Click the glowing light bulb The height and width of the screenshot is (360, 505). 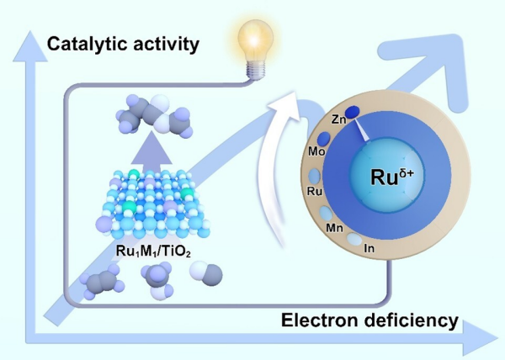coord(255,48)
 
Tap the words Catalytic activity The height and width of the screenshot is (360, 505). coord(123,44)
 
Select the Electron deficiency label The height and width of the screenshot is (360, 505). coord(369,320)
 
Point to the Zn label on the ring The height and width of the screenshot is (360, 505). coord(339,119)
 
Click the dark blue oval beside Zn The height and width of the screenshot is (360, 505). coord(353,112)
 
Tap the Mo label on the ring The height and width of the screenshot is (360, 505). coord(316,151)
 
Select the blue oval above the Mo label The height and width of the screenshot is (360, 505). coord(324,138)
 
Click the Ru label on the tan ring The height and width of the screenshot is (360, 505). coord(315,191)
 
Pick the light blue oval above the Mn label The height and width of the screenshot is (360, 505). coord(326,214)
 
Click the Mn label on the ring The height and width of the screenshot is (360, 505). coord(335,228)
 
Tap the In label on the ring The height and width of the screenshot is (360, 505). coord(369,248)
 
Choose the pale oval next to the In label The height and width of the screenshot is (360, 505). coord(354,240)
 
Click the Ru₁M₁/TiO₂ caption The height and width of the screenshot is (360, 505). coord(153,251)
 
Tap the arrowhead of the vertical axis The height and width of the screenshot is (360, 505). coord(30,46)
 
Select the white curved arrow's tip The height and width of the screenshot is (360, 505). coord(295,92)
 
